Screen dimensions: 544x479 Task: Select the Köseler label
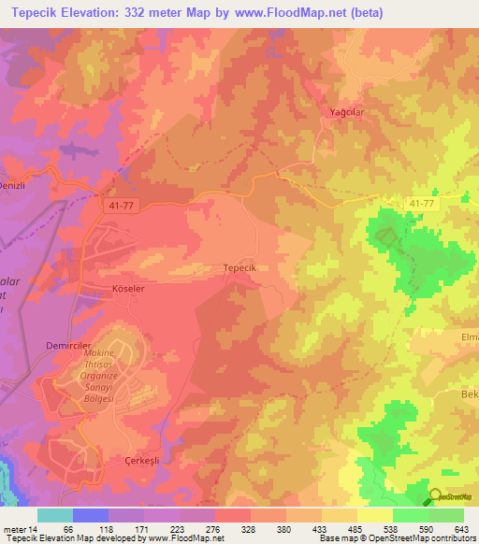(x=128, y=290)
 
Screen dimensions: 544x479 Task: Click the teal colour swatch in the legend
(x=55, y=515)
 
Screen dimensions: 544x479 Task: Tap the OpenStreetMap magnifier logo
(x=436, y=497)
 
